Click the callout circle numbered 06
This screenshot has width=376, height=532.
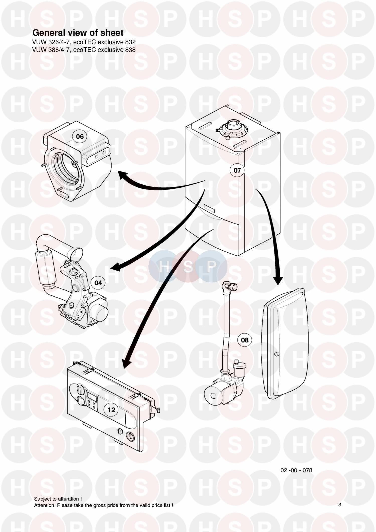click(x=80, y=137)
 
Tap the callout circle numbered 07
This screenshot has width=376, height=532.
click(x=237, y=170)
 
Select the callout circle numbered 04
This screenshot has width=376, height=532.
click(x=98, y=283)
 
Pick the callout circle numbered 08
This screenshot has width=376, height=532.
click(x=245, y=340)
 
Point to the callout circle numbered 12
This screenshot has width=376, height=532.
click(x=111, y=410)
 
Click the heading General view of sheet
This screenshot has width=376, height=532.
click(x=78, y=33)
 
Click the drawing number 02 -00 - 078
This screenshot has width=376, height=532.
click(x=296, y=470)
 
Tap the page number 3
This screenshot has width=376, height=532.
click(x=340, y=505)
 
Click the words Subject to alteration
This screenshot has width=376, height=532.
click(x=58, y=499)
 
